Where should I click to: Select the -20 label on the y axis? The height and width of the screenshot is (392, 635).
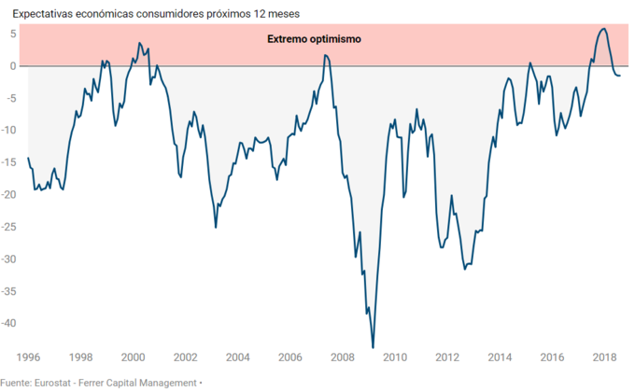(x=11, y=195)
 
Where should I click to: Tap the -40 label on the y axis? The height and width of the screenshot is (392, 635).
(x=11, y=323)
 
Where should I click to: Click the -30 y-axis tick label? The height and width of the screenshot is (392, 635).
(x=11, y=259)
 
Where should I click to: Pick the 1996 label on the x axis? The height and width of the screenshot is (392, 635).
(x=28, y=357)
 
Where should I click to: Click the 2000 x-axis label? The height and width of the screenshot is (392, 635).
(x=133, y=357)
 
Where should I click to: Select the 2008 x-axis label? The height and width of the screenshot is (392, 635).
(x=342, y=357)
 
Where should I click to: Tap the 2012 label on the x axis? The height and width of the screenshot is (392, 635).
(x=446, y=357)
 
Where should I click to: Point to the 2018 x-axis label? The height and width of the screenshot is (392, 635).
(x=603, y=357)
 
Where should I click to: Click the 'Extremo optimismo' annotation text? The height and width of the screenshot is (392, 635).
(x=314, y=40)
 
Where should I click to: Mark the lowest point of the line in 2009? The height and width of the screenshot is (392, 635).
(x=373, y=347)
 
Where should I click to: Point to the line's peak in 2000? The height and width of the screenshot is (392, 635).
(x=139, y=43)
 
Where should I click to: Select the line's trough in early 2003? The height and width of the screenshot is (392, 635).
(x=216, y=227)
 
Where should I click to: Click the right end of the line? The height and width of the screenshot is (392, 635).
(x=620, y=75)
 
